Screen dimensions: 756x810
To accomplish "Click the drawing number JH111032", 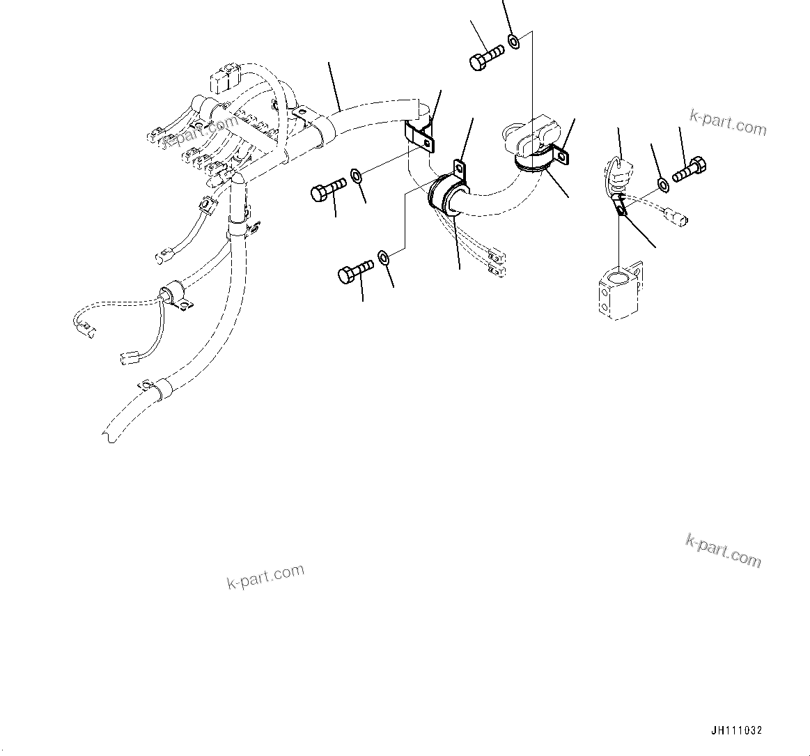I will click(736, 731).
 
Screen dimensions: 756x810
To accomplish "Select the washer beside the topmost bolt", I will click(514, 42).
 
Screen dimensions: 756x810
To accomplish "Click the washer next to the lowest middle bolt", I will click(384, 259).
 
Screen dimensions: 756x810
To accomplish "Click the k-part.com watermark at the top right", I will click(728, 123).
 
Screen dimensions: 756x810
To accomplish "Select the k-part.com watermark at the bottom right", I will click(723, 550).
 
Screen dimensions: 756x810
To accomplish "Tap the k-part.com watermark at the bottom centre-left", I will click(265, 576).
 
